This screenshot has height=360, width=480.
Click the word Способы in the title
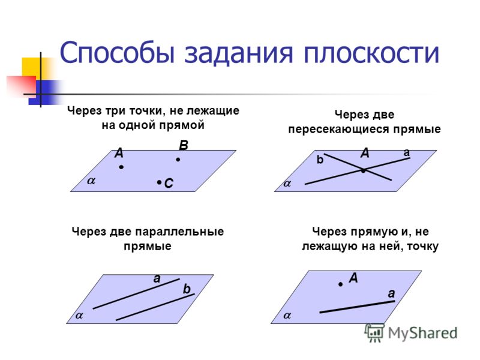point(118,53)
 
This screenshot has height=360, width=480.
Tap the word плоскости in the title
point(371,53)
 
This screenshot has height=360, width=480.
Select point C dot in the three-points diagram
point(159,182)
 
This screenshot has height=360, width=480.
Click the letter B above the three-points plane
point(184,145)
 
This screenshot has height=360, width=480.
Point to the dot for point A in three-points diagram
point(122,167)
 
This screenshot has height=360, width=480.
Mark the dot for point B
point(178,160)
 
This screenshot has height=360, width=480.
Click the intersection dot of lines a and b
point(363,170)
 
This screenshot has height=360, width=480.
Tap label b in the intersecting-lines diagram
point(320,160)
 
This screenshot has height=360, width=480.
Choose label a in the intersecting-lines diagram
point(407,152)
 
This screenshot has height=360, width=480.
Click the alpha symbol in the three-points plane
point(91,181)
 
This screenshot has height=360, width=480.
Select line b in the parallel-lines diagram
point(155,307)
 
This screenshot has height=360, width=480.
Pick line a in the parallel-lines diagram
point(136,293)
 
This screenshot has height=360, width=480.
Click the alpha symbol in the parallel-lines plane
point(79,316)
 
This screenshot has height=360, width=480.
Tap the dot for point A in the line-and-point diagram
point(340,284)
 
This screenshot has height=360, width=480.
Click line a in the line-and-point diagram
point(357,307)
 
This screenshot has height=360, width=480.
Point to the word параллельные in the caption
point(179,232)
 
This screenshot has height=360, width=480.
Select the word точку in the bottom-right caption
point(422,247)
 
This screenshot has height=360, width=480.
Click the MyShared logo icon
point(374,332)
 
